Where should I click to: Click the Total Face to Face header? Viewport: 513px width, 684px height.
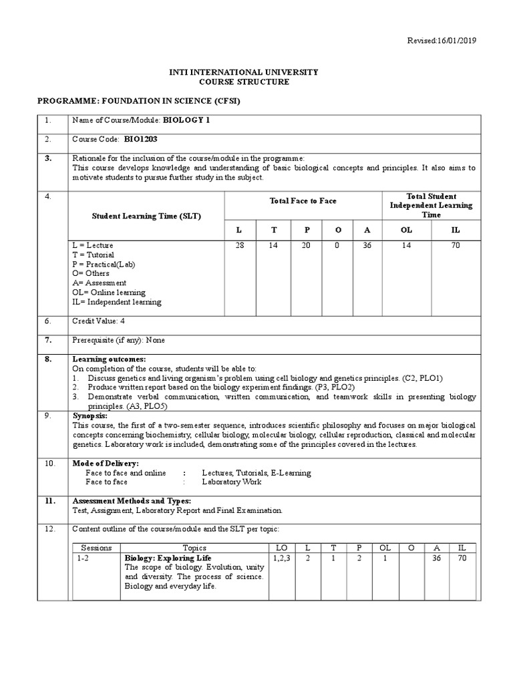[303, 201]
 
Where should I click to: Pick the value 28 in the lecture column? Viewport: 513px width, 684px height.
[240, 246]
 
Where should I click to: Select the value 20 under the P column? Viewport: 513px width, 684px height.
[307, 246]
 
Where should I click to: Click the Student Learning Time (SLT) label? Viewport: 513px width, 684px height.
[146, 216]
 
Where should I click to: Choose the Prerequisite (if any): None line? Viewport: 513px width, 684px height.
[118, 340]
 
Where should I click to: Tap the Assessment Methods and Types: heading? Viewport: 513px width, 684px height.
[131, 500]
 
